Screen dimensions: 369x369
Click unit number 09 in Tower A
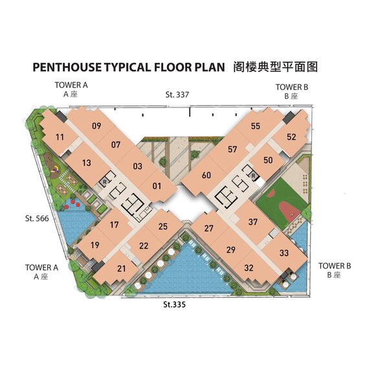coord(96,126)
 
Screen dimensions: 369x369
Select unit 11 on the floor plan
coord(60,137)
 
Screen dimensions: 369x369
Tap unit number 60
coord(207,175)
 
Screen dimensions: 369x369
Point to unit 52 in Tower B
coord(291,137)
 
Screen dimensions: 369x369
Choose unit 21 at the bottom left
coord(122,269)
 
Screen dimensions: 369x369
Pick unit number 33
coord(284,253)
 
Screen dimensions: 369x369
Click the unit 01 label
coord(157,186)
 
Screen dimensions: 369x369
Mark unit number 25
coord(163,227)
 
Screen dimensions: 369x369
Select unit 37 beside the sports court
coord(253,222)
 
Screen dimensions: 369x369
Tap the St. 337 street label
coord(177,95)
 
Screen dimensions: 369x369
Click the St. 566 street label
coord(37,218)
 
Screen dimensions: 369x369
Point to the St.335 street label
coord(174,304)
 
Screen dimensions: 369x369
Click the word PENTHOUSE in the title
coord(67,67)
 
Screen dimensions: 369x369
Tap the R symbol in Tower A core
coord(105,182)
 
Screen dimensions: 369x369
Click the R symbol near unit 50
coord(254,175)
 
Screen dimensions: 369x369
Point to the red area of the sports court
coord(289,210)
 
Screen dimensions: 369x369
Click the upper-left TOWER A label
coord(71,85)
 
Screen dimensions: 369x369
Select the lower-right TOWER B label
coord(335,266)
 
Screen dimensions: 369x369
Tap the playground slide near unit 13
coord(56,170)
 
